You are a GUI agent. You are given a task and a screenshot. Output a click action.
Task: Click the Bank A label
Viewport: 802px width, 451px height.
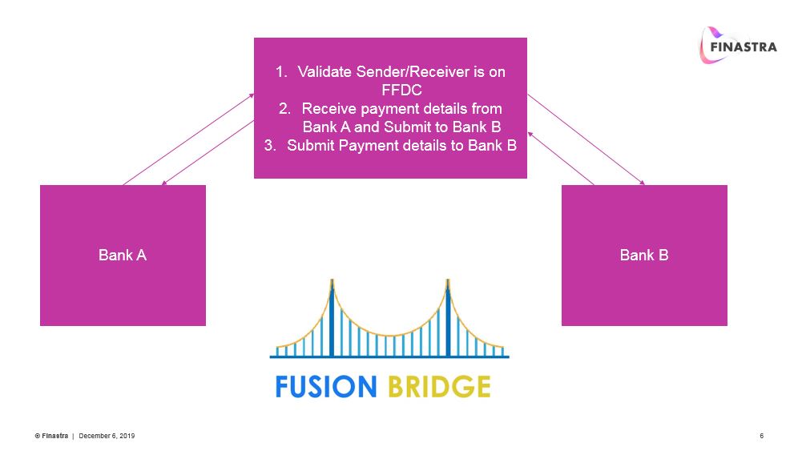pyautogui.click(x=123, y=256)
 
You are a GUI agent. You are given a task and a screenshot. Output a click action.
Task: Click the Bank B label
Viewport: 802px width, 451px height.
pyautogui.click(x=644, y=256)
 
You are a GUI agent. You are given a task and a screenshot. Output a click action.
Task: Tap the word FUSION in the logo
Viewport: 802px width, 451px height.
pyautogui.click(x=325, y=386)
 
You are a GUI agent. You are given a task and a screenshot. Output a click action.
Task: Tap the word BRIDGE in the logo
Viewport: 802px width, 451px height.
pyautogui.click(x=439, y=386)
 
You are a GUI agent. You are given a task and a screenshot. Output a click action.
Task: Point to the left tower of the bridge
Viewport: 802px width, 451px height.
pyautogui.click(x=332, y=316)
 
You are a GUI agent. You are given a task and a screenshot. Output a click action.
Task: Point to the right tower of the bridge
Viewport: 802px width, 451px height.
pyautogui.click(x=447, y=316)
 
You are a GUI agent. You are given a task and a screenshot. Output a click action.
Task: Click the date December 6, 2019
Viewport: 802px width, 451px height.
pyautogui.click(x=107, y=436)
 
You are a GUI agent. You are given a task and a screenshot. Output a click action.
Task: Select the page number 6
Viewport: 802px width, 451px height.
pyautogui.click(x=761, y=436)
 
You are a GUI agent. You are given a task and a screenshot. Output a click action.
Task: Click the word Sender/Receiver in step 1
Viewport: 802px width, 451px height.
pyautogui.click(x=411, y=72)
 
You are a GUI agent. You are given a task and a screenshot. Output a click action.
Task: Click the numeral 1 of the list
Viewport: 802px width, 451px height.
pyautogui.click(x=280, y=72)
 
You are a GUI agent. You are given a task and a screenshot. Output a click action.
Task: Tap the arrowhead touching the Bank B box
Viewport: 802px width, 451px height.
pyautogui.click(x=643, y=183)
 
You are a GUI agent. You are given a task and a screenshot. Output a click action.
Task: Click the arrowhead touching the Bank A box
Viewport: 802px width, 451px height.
pyautogui.click(x=163, y=183)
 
